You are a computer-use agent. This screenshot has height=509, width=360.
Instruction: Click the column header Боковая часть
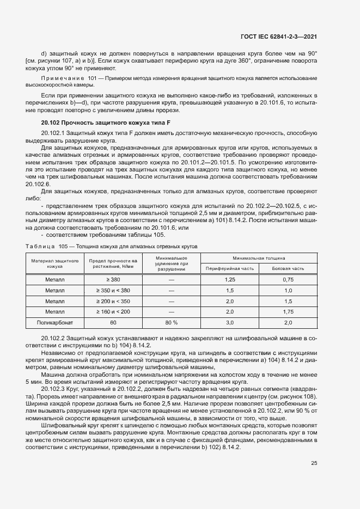pyautogui.click(x=289, y=268)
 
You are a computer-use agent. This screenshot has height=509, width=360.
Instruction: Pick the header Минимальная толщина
pyautogui.click(x=259, y=257)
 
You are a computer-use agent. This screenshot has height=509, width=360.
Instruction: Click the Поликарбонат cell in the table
pyautogui.click(x=55, y=322)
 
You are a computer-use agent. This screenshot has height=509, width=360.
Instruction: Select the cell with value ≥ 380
pyautogui.click(x=113, y=279)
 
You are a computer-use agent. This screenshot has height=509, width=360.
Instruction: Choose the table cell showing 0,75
pyautogui.click(x=289, y=279)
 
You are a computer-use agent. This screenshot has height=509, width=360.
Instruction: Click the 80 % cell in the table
pyautogui.click(x=172, y=322)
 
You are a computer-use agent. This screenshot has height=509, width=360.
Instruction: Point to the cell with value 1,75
pyautogui.click(x=289, y=311)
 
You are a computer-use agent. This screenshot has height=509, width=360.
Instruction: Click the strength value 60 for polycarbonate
pyautogui.click(x=113, y=322)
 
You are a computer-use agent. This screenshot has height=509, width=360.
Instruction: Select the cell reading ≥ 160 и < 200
pyautogui.click(x=113, y=311)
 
